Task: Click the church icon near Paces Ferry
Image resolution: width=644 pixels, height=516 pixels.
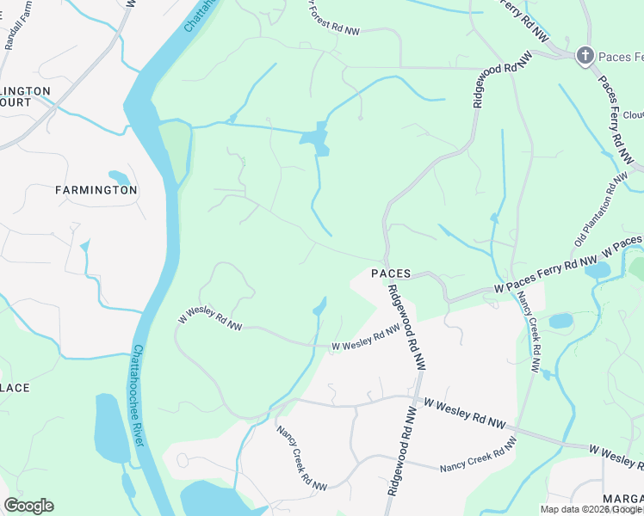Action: click(585, 57)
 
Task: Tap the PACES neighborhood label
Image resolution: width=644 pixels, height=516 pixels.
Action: click(391, 273)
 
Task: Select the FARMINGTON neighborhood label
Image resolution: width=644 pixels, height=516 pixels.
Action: click(96, 189)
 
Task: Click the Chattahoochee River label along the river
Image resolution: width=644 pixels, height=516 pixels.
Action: click(140, 395)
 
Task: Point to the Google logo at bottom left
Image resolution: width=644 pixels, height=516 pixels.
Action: click(28, 505)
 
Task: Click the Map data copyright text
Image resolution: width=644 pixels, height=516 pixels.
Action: click(591, 509)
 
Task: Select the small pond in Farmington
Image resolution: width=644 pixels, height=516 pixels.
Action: click(121, 178)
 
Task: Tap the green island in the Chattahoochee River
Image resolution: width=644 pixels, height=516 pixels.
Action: click(174, 150)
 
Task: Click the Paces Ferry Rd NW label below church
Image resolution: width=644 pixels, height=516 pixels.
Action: click(615, 113)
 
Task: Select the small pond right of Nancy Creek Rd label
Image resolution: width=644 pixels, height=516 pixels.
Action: click(560, 321)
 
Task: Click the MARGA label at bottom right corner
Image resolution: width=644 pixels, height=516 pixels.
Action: click(623, 500)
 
